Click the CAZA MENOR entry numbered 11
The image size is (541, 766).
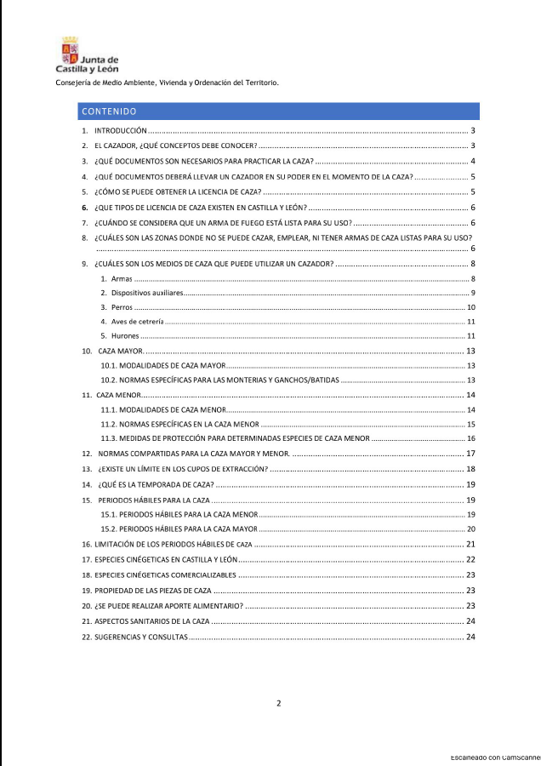[118, 395]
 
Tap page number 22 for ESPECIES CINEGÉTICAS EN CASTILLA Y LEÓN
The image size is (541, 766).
[470, 559]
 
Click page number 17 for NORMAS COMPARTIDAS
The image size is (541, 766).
[470, 454]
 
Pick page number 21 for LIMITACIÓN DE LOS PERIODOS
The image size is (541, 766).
[470, 544]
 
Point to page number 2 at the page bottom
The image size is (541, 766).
[278, 703]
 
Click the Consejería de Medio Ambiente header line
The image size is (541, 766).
[167, 83]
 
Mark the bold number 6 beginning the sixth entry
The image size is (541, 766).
[85, 207]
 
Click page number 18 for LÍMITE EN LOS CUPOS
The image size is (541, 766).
[470, 469]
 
